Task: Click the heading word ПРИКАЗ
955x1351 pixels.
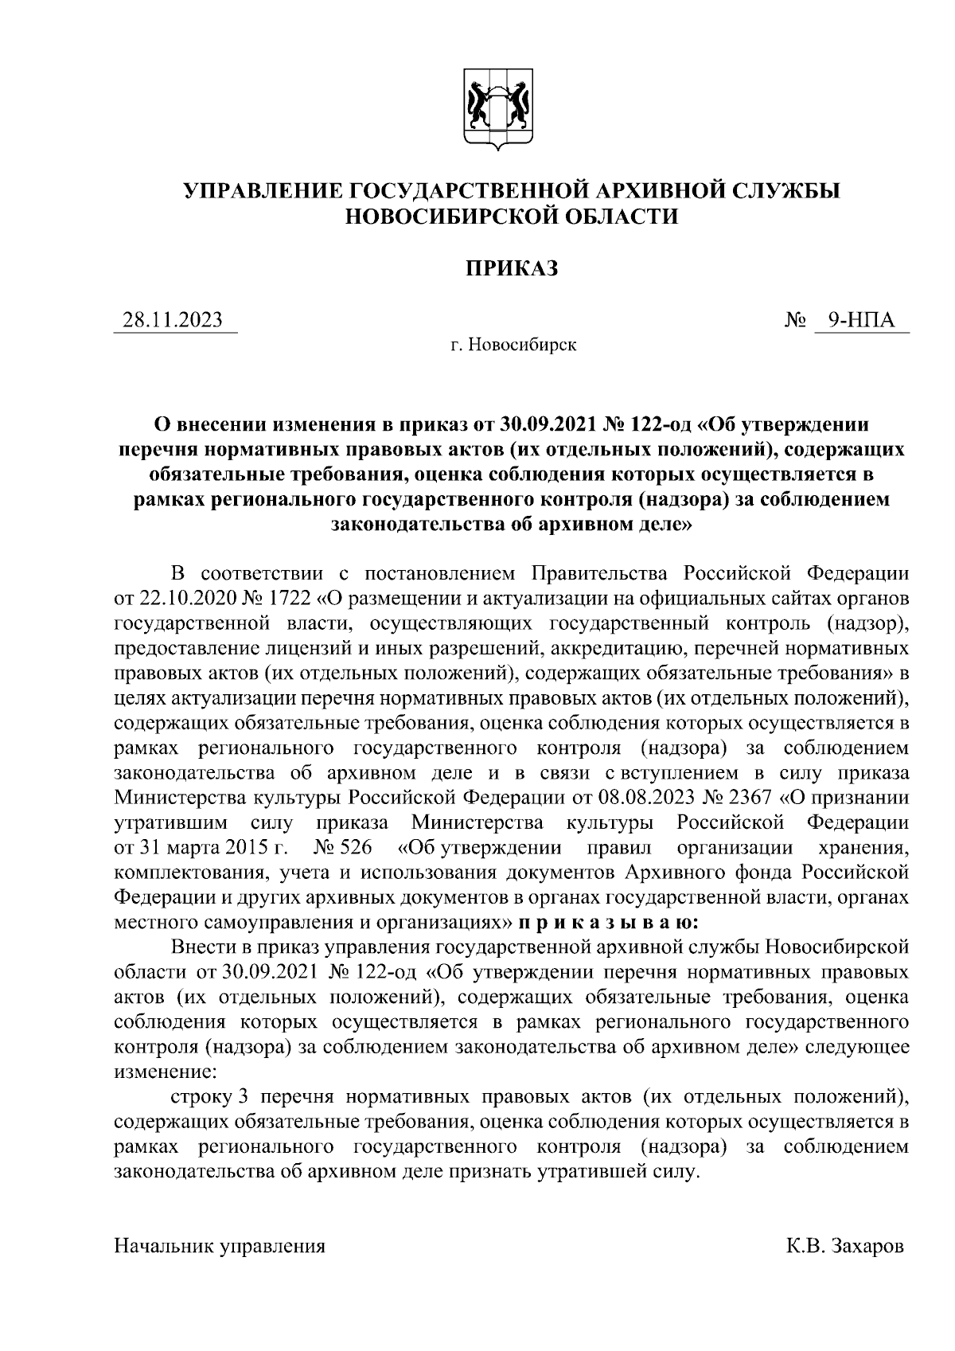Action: click(512, 268)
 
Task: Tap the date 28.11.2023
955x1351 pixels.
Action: click(172, 320)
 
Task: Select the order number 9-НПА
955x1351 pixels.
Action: click(860, 320)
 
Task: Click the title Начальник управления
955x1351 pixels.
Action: click(220, 1246)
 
